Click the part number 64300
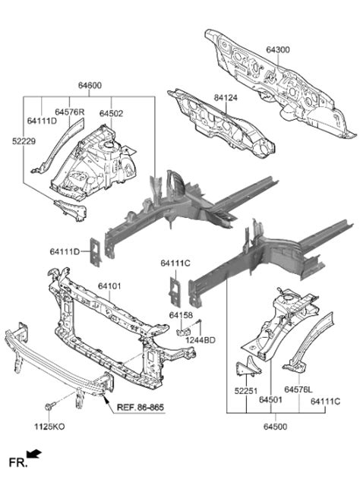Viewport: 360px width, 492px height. pos(278,50)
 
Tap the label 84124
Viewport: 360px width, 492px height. pos(226,98)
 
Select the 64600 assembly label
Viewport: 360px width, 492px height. pos(90,85)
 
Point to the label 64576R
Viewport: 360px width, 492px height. pos(70,112)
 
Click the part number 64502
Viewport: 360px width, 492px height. pos(111,114)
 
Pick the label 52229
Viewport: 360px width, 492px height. pos(24,141)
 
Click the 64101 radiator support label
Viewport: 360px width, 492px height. pos(109,286)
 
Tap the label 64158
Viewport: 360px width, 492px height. pos(181,315)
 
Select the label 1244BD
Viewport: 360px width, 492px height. pos(201,340)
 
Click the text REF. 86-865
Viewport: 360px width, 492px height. pos(141,407)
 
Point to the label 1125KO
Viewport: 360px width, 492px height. pos(49,427)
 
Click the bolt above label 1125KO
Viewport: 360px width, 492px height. pos(49,406)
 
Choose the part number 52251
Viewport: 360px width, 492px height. pos(246,391)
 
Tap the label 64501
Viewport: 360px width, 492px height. pos(270,399)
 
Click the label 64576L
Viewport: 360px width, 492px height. pos(298,389)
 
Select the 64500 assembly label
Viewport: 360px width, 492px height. pos(275,427)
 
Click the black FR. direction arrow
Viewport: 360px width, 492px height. pos(34,454)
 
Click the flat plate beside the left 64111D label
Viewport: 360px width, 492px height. pos(95,252)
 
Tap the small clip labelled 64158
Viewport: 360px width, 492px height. pos(184,332)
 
